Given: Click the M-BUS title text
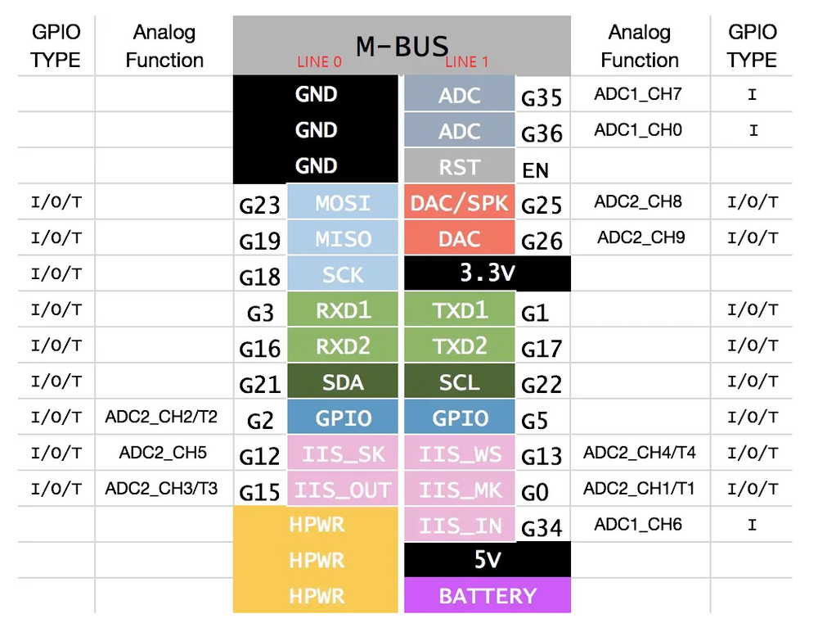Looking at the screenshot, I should (x=402, y=45).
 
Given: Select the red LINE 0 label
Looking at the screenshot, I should (x=318, y=62).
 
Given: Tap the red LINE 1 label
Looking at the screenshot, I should (x=466, y=62).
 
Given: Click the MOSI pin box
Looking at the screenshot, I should (x=343, y=203).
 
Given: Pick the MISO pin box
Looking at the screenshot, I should (x=343, y=239).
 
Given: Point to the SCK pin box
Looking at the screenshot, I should (x=343, y=275).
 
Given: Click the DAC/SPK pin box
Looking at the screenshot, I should (x=460, y=203).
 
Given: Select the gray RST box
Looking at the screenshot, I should (x=460, y=167).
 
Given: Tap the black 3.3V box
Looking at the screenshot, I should (x=487, y=273).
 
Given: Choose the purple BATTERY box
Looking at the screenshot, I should (x=488, y=596).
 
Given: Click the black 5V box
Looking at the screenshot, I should (x=487, y=561).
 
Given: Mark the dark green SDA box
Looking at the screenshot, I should (x=343, y=382).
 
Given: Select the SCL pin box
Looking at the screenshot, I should (x=460, y=382).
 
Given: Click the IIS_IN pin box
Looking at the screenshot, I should (x=460, y=525).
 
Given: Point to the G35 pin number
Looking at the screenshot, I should (x=542, y=98).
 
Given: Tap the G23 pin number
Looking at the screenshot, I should (x=260, y=205).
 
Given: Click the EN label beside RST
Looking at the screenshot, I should (x=535, y=170).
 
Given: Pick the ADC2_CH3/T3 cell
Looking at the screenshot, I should (x=161, y=489).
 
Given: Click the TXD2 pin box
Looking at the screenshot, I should (x=460, y=346).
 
